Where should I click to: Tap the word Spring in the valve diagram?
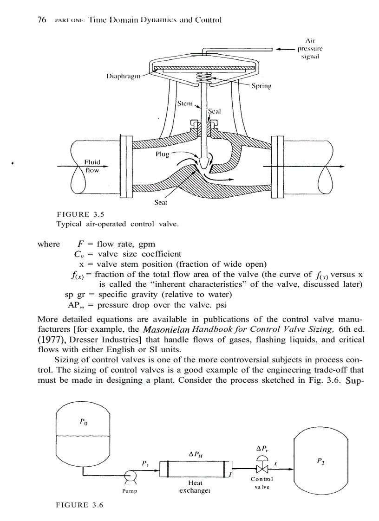261,86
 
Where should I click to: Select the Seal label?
214,111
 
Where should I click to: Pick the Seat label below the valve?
161,202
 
